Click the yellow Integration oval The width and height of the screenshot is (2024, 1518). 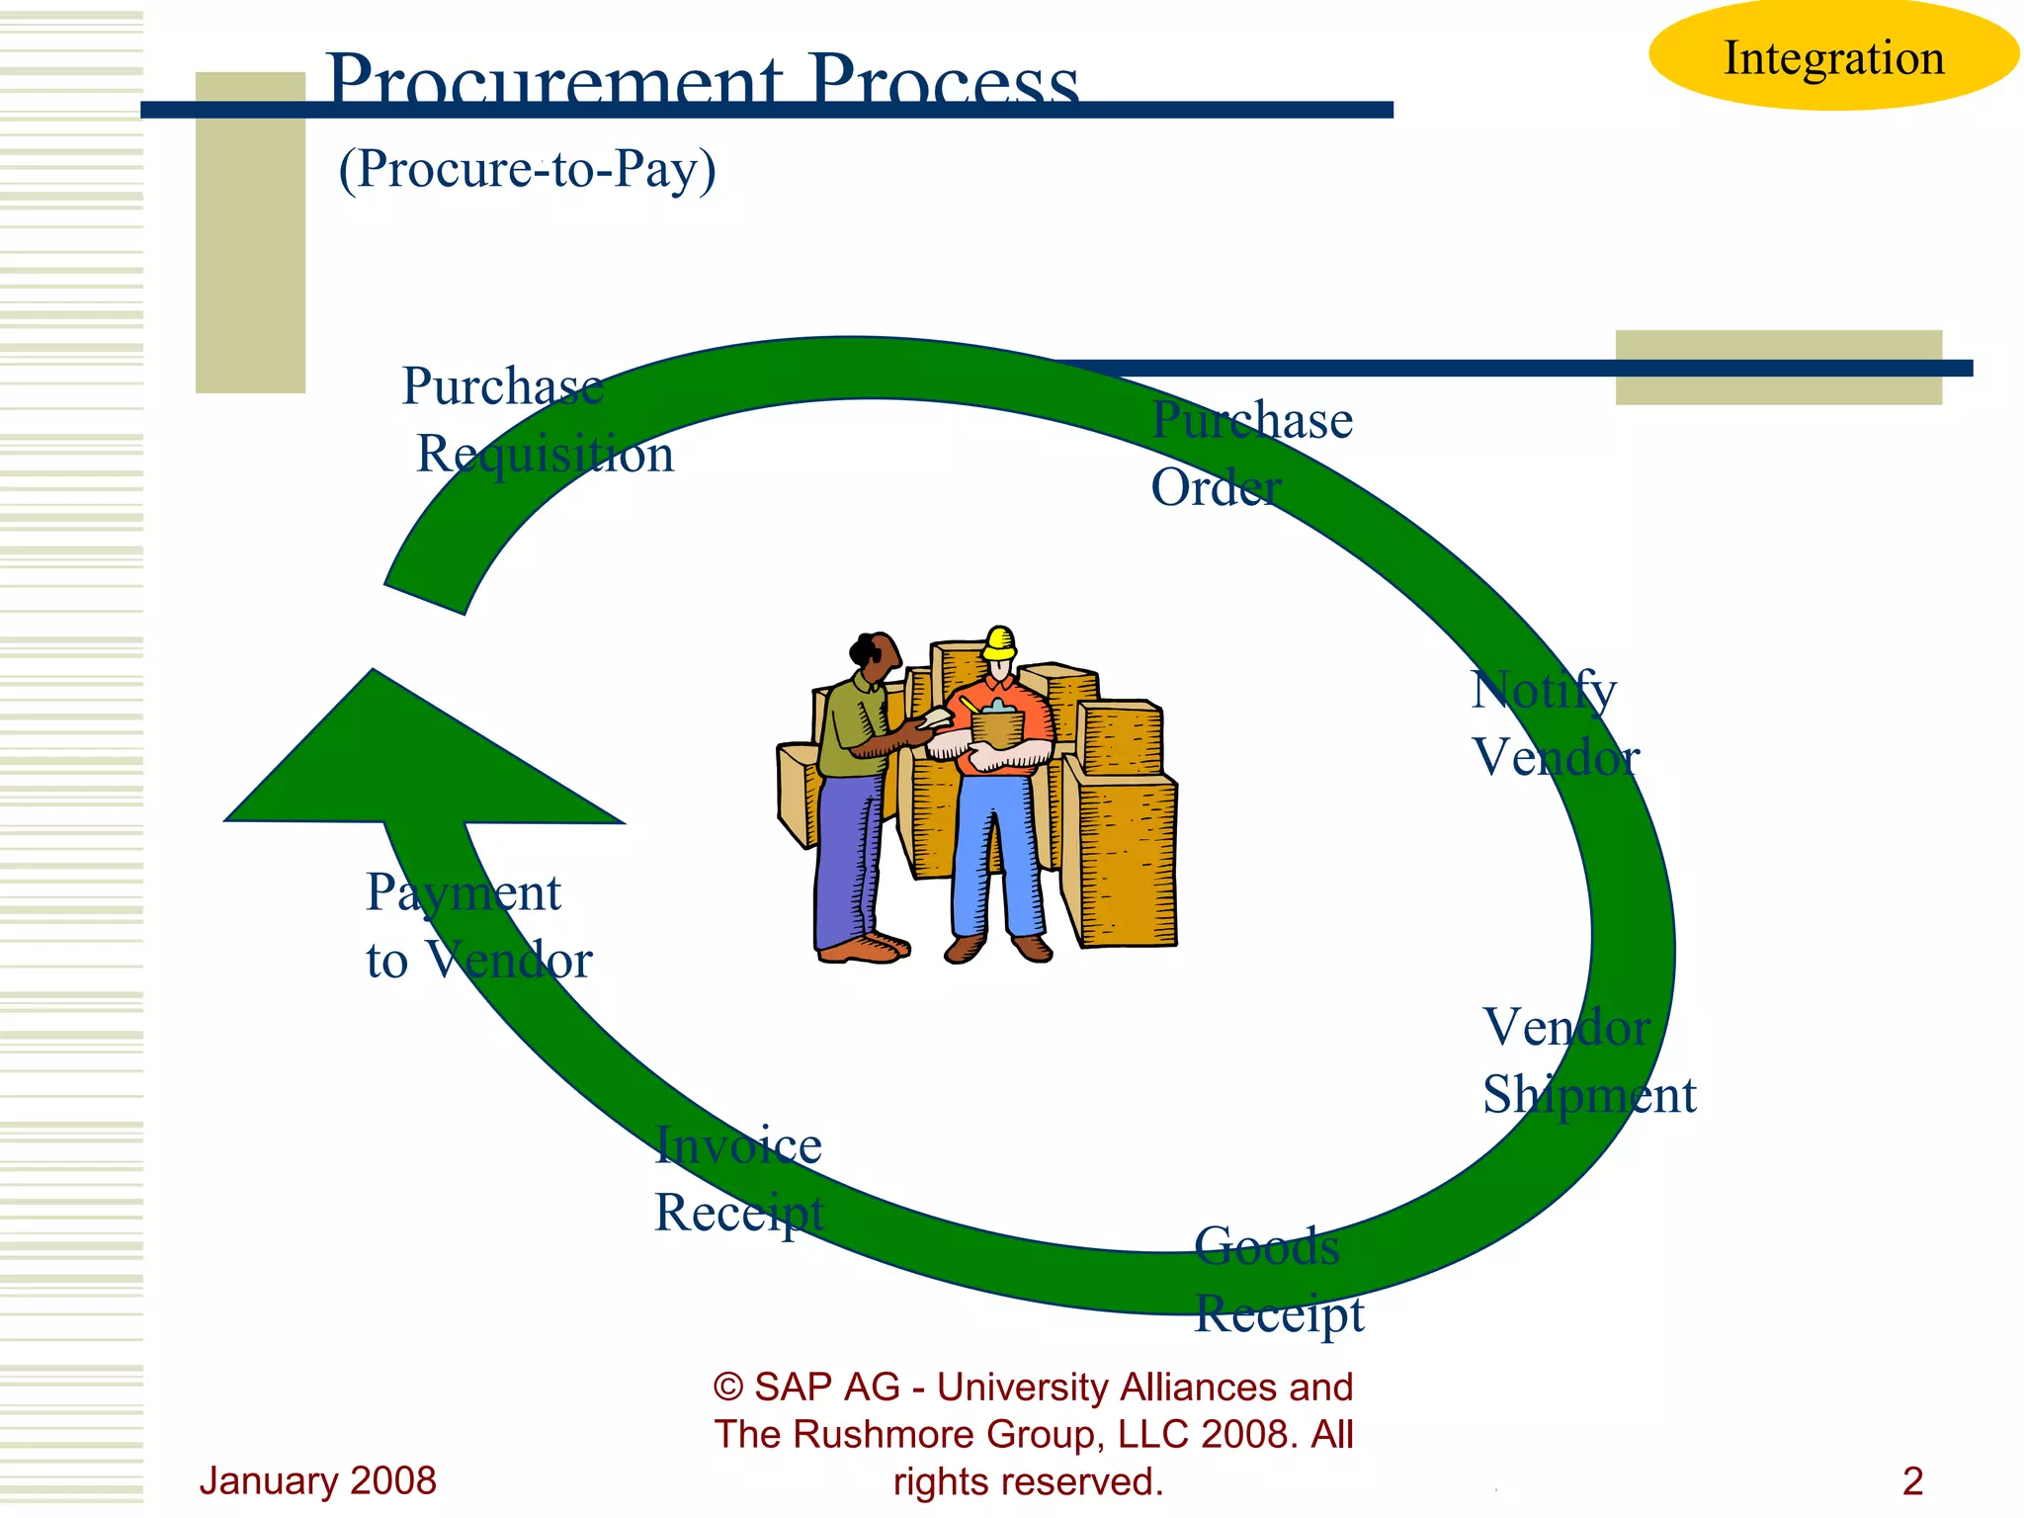(1833, 56)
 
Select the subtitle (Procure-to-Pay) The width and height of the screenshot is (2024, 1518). (527, 169)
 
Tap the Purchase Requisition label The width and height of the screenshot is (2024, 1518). (539, 420)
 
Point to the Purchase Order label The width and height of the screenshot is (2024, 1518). (1250, 454)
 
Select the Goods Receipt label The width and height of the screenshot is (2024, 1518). (1277, 1280)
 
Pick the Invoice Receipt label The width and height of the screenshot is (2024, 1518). (739, 1178)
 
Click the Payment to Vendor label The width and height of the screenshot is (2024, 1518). (478, 926)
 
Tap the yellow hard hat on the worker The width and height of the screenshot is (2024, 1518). (999, 643)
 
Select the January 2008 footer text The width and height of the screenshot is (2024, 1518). (317, 1480)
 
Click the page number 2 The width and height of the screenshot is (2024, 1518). (1912, 1480)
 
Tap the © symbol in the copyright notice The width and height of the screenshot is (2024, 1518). (728, 1388)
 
